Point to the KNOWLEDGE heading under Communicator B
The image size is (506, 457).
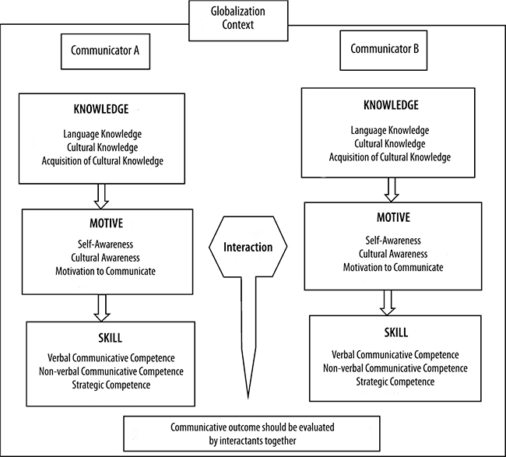[390, 105]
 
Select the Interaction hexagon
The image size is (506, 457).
[248, 248]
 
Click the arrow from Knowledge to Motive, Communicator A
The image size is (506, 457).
[101, 195]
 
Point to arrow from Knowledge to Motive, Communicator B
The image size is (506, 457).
[392, 188]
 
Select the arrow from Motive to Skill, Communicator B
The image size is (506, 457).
[389, 301]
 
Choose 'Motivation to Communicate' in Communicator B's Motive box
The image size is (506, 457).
[392, 268]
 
